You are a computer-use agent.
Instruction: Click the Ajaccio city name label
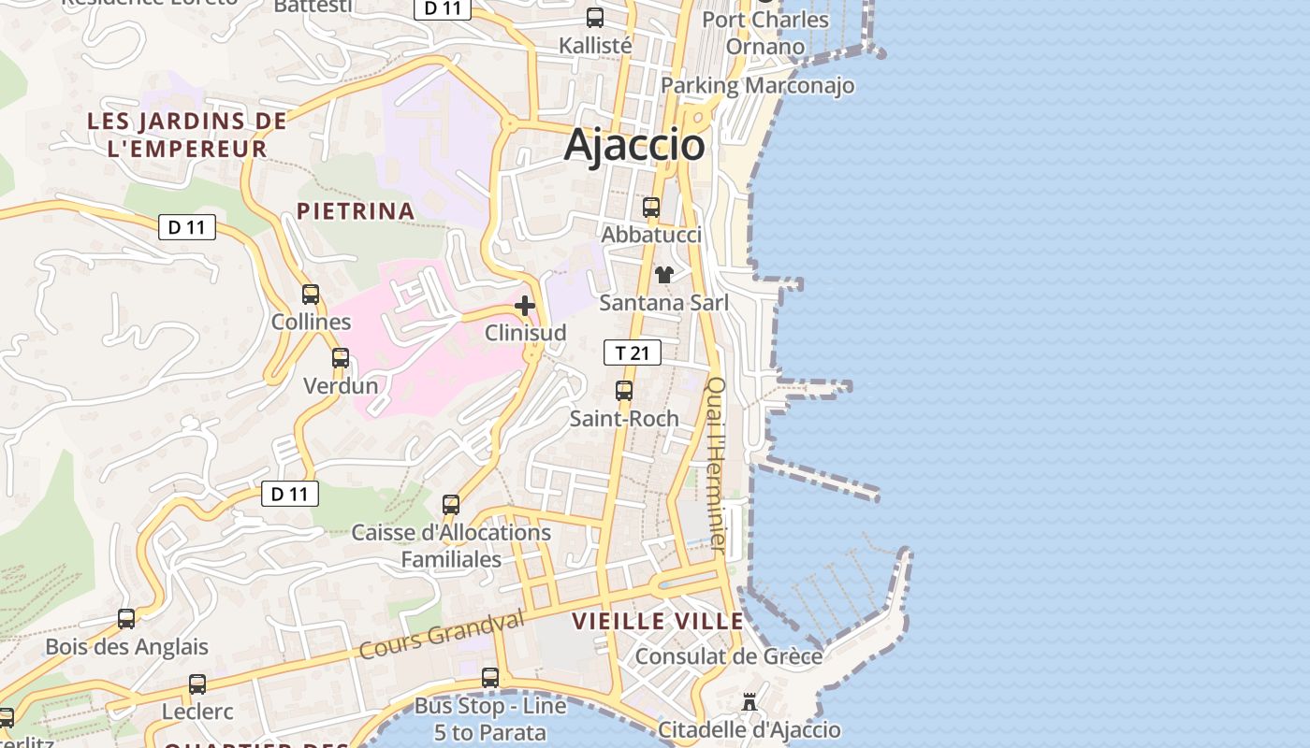coord(634,145)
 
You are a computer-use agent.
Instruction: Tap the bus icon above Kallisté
coord(595,18)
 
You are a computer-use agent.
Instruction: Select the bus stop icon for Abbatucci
coord(651,208)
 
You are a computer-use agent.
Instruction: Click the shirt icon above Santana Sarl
coord(663,275)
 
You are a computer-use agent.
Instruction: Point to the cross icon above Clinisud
coord(525,306)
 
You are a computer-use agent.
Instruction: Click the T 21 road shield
coord(633,352)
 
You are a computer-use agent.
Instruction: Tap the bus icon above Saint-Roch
coord(624,391)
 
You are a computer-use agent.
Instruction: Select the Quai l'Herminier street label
coord(716,463)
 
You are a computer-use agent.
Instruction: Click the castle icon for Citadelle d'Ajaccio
coord(750,701)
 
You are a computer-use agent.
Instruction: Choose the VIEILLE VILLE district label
coord(658,621)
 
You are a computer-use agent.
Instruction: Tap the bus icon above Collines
coord(311,295)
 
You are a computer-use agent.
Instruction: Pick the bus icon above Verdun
coord(341,358)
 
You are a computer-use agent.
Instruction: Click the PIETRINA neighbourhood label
coord(356,211)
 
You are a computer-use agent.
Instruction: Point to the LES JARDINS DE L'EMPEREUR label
coord(187,135)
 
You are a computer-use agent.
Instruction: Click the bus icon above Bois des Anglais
coord(126,619)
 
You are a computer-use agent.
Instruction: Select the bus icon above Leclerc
coord(197,684)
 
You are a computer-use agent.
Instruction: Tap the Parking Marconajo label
coord(757,86)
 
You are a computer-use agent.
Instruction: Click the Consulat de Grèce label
coord(729,656)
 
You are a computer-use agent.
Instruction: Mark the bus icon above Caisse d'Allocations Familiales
coord(451,505)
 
